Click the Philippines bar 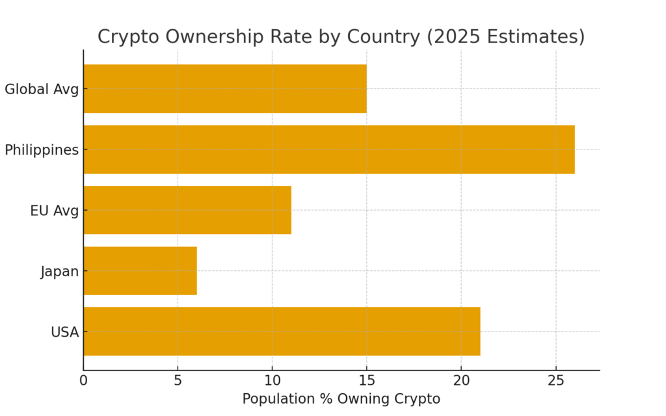[x=328, y=149]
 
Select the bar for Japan [x=140, y=270]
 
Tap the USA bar [x=282, y=331]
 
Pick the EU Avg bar [x=187, y=210]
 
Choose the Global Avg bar [x=225, y=89]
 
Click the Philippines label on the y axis [x=42, y=150]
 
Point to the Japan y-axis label [x=59, y=271]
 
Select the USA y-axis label [x=64, y=332]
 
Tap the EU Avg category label [x=54, y=211]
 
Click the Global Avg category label [x=42, y=89]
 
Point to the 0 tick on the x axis [x=83, y=380]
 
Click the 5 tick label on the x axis [x=178, y=380]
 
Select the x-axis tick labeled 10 [x=272, y=380]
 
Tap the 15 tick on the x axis [x=367, y=380]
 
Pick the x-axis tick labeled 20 [x=461, y=380]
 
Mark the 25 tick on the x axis [x=555, y=380]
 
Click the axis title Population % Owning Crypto [x=341, y=399]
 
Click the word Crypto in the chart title [x=128, y=37]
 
